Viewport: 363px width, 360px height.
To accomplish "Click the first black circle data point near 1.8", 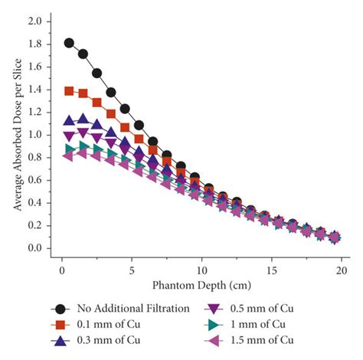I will tap(70, 42).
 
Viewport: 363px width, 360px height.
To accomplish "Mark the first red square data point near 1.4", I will tap(70, 90).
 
